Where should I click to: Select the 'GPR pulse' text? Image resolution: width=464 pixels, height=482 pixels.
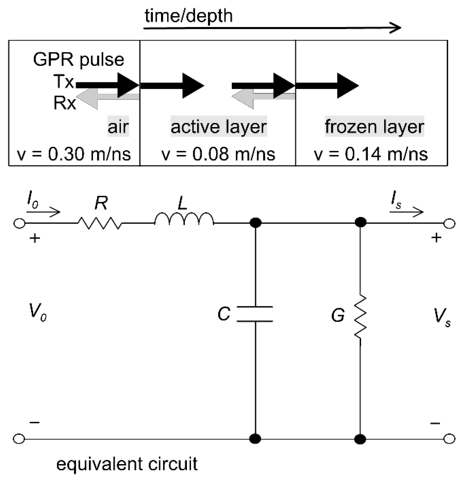coord(79,60)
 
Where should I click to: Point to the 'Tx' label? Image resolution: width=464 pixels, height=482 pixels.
coord(64,82)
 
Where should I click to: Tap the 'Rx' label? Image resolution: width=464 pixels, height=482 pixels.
coord(65,103)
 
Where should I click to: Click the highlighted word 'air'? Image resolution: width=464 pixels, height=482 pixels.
coord(118,126)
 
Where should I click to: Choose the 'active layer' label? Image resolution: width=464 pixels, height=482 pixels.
coord(219,126)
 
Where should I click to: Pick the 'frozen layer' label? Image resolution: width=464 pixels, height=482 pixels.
coord(374,126)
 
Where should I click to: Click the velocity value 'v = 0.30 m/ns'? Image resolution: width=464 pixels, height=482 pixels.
coord(74,154)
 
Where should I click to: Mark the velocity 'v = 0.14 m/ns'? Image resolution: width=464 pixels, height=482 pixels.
coord(371,154)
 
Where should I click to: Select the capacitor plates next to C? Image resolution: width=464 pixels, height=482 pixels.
coord(255,314)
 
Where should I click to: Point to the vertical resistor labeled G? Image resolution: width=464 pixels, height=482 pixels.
coord(360,317)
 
